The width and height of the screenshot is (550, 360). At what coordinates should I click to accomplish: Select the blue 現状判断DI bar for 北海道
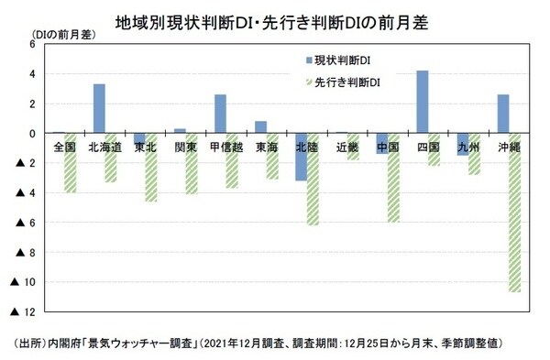click(x=99, y=108)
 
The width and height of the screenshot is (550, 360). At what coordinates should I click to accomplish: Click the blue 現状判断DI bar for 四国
click(x=423, y=102)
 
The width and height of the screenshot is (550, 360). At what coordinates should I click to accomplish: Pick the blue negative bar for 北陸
click(x=301, y=157)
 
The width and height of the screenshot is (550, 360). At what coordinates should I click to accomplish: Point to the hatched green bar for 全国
click(x=71, y=162)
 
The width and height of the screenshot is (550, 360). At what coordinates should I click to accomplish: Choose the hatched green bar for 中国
click(x=394, y=178)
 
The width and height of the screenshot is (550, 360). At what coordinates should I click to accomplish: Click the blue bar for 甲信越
click(x=220, y=114)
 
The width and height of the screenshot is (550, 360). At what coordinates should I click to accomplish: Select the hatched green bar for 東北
click(x=151, y=168)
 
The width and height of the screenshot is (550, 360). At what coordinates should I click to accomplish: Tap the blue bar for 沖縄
click(x=503, y=114)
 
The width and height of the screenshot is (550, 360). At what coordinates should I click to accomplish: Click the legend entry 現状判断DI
click(x=341, y=60)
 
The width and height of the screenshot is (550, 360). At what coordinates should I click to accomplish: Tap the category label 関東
click(x=186, y=146)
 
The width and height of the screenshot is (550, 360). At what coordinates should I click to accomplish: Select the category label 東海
click(x=267, y=146)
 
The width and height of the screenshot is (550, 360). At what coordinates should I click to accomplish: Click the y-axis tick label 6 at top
click(x=32, y=44)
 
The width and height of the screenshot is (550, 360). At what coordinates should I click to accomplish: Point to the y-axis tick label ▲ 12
click(x=24, y=312)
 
